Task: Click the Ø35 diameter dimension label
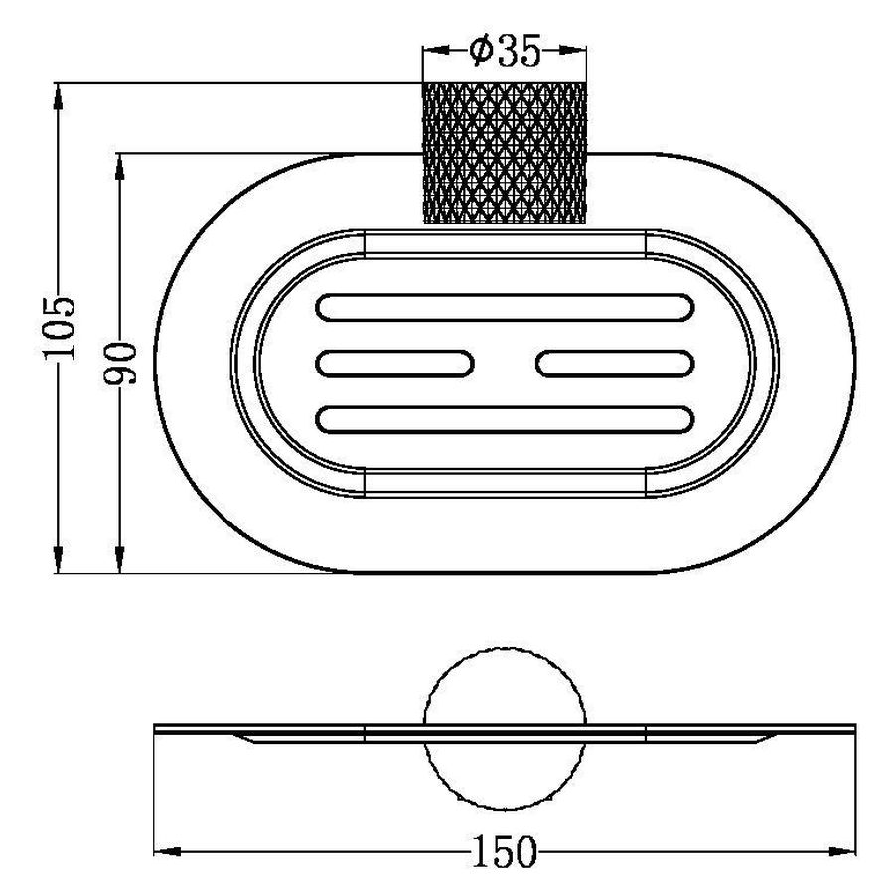coord(505,52)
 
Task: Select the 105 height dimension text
coord(59,327)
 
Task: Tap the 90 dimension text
coord(121,364)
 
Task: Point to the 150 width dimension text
coord(505,852)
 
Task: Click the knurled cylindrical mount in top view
coord(505,153)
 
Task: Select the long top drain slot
coord(505,307)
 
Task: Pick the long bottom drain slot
coord(505,419)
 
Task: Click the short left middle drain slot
coord(394,364)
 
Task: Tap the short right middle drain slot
coord(615,364)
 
